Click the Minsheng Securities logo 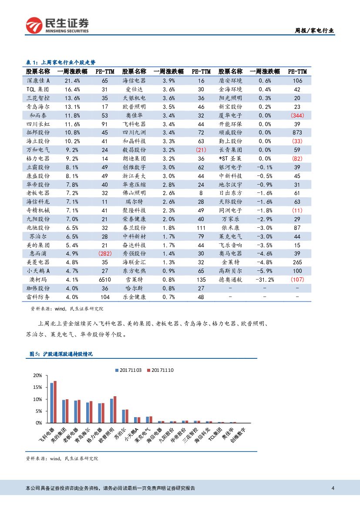[x=57, y=25]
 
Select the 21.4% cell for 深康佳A [x=72, y=81]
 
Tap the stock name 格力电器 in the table [x=38, y=158]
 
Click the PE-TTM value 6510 [x=104, y=280]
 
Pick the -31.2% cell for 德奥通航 [x=265, y=280]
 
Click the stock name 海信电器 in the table [x=134, y=81]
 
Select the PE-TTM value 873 [x=297, y=132]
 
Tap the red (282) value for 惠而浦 [x=104, y=253]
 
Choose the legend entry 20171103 [x=129, y=370]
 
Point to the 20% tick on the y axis [x=37, y=375]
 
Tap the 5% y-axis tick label [x=39, y=411]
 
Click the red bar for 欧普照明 [x=115, y=409]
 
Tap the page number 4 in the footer [x=333, y=488]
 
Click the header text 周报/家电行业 [x=314, y=30]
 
